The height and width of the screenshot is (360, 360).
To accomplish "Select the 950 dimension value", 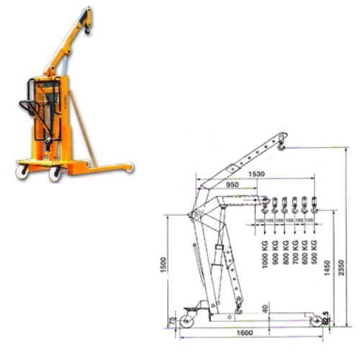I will [x=233, y=185].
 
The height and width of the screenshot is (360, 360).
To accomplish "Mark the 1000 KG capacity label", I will [x=266, y=256].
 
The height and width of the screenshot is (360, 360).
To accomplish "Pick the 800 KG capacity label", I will [x=284, y=256].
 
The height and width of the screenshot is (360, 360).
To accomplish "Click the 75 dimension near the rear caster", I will [x=171, y=319].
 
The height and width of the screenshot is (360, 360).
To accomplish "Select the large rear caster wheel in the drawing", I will [x=191, y=318].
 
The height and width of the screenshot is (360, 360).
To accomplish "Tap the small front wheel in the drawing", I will [x=315, y=321].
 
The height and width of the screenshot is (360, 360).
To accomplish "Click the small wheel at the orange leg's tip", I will [x=129, y=168].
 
